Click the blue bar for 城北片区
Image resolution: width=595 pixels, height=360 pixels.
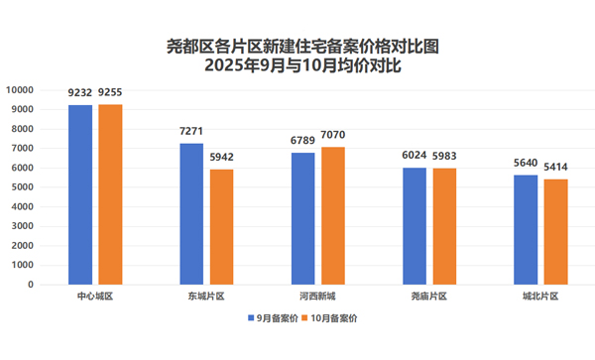coord(528,230)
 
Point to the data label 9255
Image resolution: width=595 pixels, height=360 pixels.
coord(111,93)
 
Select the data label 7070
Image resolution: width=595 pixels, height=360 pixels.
coord(333,135)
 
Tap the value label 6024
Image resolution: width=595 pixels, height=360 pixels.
coord(415,156)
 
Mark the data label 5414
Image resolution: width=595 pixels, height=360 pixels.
coord(556,167)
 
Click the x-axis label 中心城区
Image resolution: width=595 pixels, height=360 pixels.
coord(95,297)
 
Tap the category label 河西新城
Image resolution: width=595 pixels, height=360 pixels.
coord(317,297)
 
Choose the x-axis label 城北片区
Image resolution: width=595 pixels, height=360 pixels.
coord(541,297)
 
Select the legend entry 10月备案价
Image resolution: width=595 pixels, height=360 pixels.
coord(333,318)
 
